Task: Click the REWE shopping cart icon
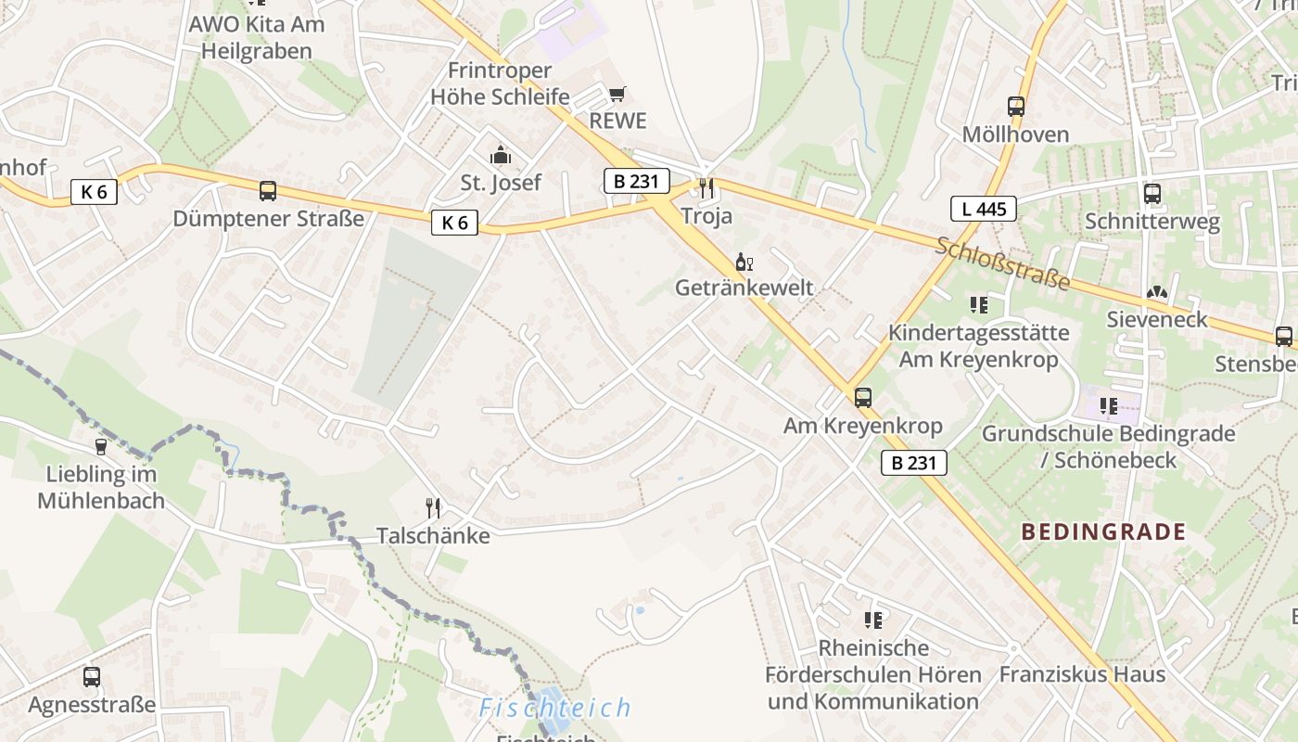click(617, 94)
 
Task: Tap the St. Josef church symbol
click(501, 154)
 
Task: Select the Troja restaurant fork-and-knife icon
click(706, 188)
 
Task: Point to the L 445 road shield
click(983, 209)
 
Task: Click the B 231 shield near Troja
click(636, 181)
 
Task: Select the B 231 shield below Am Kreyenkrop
click(913, 462)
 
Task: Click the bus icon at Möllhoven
click(1016, 107)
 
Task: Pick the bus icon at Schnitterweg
click(1152, 194)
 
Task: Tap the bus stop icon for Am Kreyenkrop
click(863, 398)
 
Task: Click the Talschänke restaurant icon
click(432, 507)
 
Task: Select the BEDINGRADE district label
click(1103, 531)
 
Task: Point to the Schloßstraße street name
click(1002, 262)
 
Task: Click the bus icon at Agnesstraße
click(91, 677)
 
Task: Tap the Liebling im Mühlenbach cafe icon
click(100, 447)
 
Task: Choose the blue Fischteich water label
click(554, 709)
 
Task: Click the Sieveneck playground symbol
click(1156, 292)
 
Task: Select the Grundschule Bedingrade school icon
click(1108, 405)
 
